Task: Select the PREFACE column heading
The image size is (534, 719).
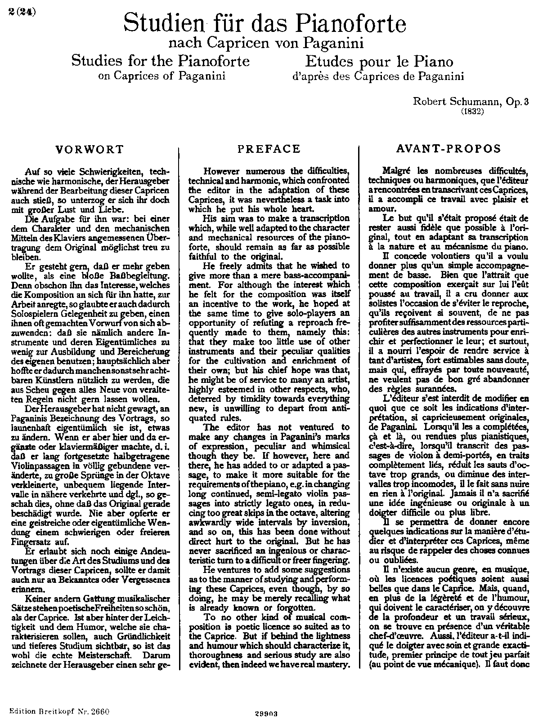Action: [x=269, y=149]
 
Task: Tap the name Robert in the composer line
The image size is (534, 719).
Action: [x=429, y=102]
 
